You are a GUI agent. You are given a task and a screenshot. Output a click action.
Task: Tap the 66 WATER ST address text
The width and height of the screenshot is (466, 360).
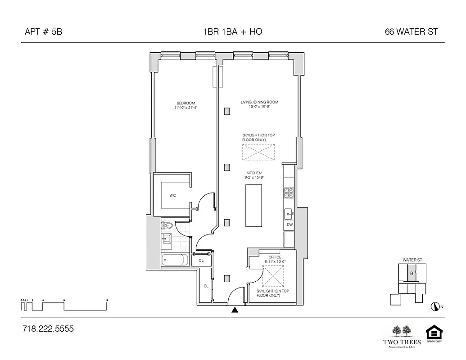click(x=411, y=32)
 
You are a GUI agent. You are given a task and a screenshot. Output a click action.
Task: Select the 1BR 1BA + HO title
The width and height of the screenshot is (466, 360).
click(x=233, y=32)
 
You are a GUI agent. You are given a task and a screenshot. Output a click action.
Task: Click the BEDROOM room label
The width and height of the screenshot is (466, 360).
click(x=185, y=103)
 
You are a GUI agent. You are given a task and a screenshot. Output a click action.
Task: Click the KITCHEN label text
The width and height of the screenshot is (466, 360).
click(x=253, y=173)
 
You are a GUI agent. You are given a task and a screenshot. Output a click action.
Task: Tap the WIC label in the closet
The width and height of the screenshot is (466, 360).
click(x=172, y=195)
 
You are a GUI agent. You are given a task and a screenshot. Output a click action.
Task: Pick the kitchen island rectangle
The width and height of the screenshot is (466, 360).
click(x=253, y=205)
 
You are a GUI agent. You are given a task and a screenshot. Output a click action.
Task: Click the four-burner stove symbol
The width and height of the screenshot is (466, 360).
click(x=288, y=193)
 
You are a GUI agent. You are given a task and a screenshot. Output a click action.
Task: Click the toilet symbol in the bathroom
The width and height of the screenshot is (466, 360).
click(x=167, y=226)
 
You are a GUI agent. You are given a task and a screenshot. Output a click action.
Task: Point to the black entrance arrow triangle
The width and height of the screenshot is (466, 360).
click(x=234, y=310)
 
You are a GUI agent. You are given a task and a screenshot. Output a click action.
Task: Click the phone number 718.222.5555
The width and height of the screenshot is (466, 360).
click(x=48, y=329)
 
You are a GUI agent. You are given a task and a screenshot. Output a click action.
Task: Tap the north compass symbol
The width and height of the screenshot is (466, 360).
click(x=434, y=307)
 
